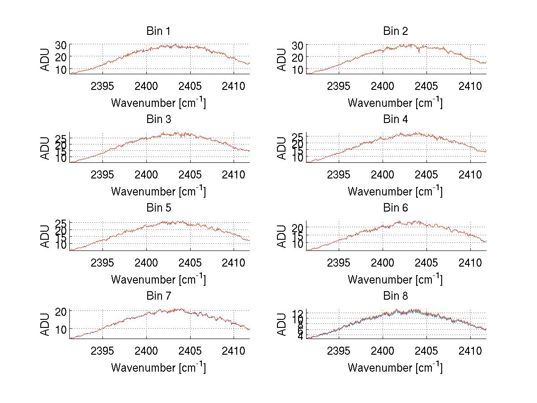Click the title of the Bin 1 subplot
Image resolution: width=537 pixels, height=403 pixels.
(158, 31)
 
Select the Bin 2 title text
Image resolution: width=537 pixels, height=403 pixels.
(395, 31)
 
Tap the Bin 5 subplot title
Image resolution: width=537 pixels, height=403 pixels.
(158, 208)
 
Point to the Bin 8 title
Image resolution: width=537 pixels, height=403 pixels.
(395, 296)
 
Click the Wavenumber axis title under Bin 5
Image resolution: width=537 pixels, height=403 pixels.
(158, 280)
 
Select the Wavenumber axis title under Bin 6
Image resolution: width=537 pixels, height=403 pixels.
(395, 280)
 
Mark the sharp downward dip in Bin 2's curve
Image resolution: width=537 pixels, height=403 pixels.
(419, 53)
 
